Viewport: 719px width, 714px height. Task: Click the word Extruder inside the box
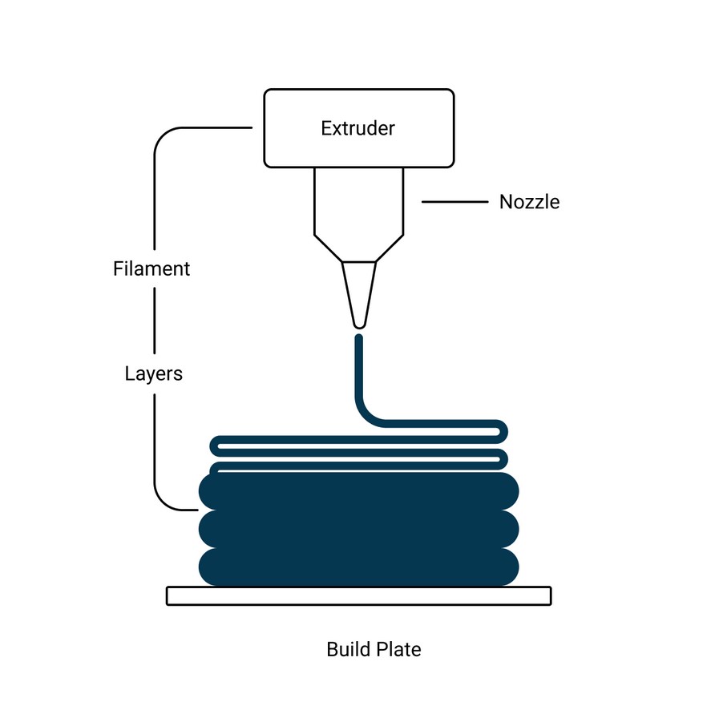[x=357, y=128]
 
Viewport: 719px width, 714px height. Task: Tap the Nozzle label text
[x=529, y=202]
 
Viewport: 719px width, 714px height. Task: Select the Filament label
[x=151, y=268]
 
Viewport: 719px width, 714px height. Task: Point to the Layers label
[x=154, y=374]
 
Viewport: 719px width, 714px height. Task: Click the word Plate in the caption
[x=398, y=649]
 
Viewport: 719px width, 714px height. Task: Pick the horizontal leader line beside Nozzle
[x=454, y=202]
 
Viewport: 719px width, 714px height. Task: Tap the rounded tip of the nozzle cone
[x=359, y=326]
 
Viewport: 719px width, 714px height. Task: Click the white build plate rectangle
[x=358, y=595]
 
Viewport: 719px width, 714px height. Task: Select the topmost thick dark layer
[x=358, y=491]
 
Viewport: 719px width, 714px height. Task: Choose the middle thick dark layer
[x=358, y=529]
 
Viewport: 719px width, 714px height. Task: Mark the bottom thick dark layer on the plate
[x=358, y=567]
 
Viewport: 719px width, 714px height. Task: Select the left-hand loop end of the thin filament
[x=214, y=446]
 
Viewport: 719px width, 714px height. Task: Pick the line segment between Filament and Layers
[x=154, y=321]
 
